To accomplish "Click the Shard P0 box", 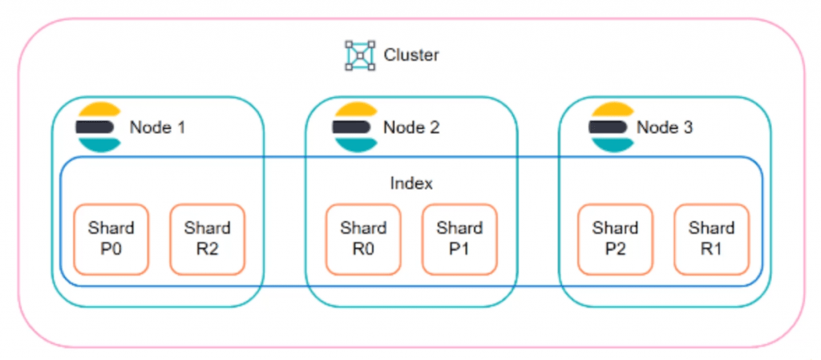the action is (111, 239).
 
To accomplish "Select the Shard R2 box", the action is (208, 239).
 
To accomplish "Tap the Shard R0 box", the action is (363, 239).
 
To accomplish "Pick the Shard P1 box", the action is (459, 239).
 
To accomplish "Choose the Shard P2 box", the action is (616, 239).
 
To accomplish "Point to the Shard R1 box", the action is (712, 239).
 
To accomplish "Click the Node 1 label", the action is (158, 127).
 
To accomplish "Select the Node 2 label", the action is (411, 127).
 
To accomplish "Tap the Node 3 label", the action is (665, 127).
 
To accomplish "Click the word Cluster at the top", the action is (411, 55).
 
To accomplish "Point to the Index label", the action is (411, 184).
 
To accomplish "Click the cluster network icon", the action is (360, 55).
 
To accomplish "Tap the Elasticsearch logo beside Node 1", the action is (99, 127).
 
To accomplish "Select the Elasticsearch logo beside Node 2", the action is (355, 127).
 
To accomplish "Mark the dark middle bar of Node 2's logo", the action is (351, 127).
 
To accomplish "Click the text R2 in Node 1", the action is (208, 249).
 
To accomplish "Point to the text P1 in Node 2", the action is (459, 249).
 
